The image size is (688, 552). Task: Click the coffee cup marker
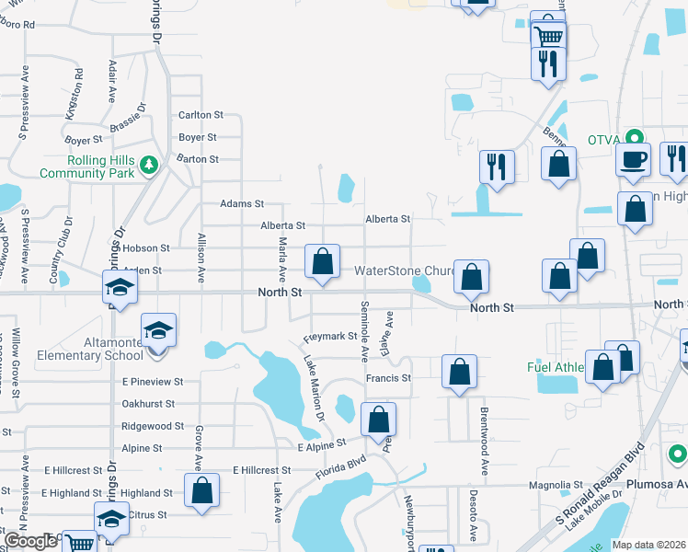[633, 159]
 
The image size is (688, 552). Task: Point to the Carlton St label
[201, 115]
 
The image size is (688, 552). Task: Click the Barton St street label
[198, 159]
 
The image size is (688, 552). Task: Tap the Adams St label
[242, 203]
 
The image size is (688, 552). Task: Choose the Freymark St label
[329, 337]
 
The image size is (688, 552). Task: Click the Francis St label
[387, 378]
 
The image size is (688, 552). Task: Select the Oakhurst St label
[148, 404]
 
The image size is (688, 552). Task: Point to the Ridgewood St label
[153, 426]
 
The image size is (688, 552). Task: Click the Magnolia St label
[556, 485]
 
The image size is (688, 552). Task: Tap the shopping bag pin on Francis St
[459, 372]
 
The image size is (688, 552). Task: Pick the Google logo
[30, 541]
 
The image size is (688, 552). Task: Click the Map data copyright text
[649, 545]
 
